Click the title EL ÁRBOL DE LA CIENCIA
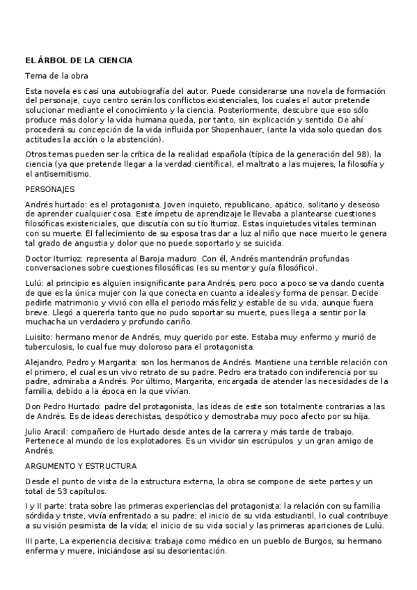79,61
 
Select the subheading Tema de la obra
56,75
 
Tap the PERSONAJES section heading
50,189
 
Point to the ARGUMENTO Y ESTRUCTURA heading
81,465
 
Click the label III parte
40,540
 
